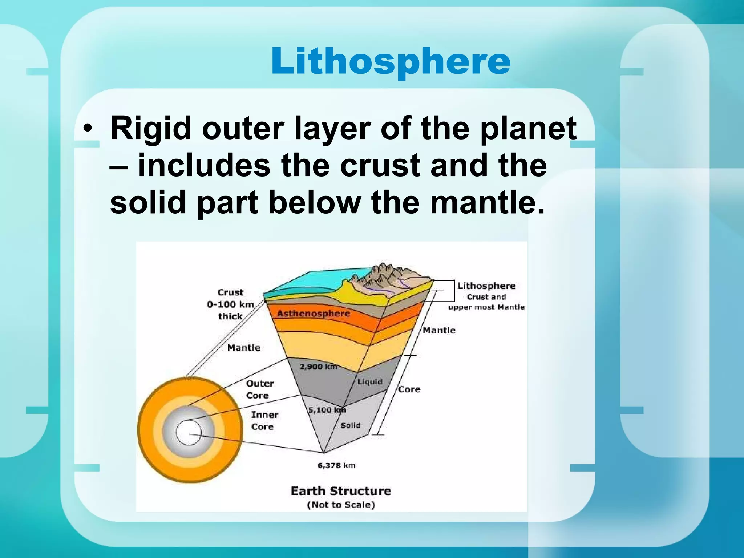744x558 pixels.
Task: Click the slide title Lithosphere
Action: click(x=391, y=61)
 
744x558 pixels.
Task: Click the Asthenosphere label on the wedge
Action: click(x=314, y=314)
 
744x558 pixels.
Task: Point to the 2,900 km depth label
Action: click(x=318, y=367)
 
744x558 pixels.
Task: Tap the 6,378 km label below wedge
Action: click(x=336, y=465)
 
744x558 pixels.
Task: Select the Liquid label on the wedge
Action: click(x=370, y=382)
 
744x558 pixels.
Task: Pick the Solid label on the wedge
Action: click(x=351, y=425)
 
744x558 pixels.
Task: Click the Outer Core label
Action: click(x=260, y=389)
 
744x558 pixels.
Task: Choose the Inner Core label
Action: click(x=264, y=420)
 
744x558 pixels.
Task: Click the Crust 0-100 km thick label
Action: click(x=230, y=304)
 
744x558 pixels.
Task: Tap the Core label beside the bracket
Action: click(x=409, y=389)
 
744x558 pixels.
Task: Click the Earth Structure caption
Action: click(x=341, y=491)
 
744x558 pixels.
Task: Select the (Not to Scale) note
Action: click(x=341, y=505)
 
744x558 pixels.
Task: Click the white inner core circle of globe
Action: click(x=189, y=432)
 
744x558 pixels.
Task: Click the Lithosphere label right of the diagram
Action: click(x=486, y=286)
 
